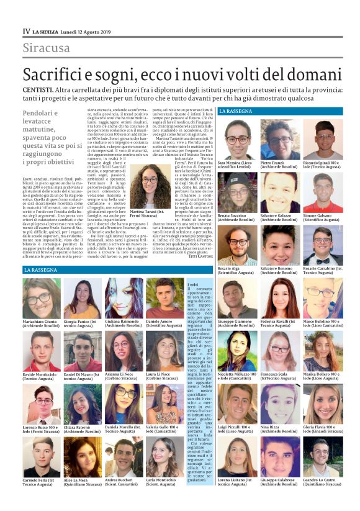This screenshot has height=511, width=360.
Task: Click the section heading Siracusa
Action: [46, 48]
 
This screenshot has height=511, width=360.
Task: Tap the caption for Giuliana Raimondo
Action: [124, 323]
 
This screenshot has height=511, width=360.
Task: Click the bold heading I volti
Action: [193, 285]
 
